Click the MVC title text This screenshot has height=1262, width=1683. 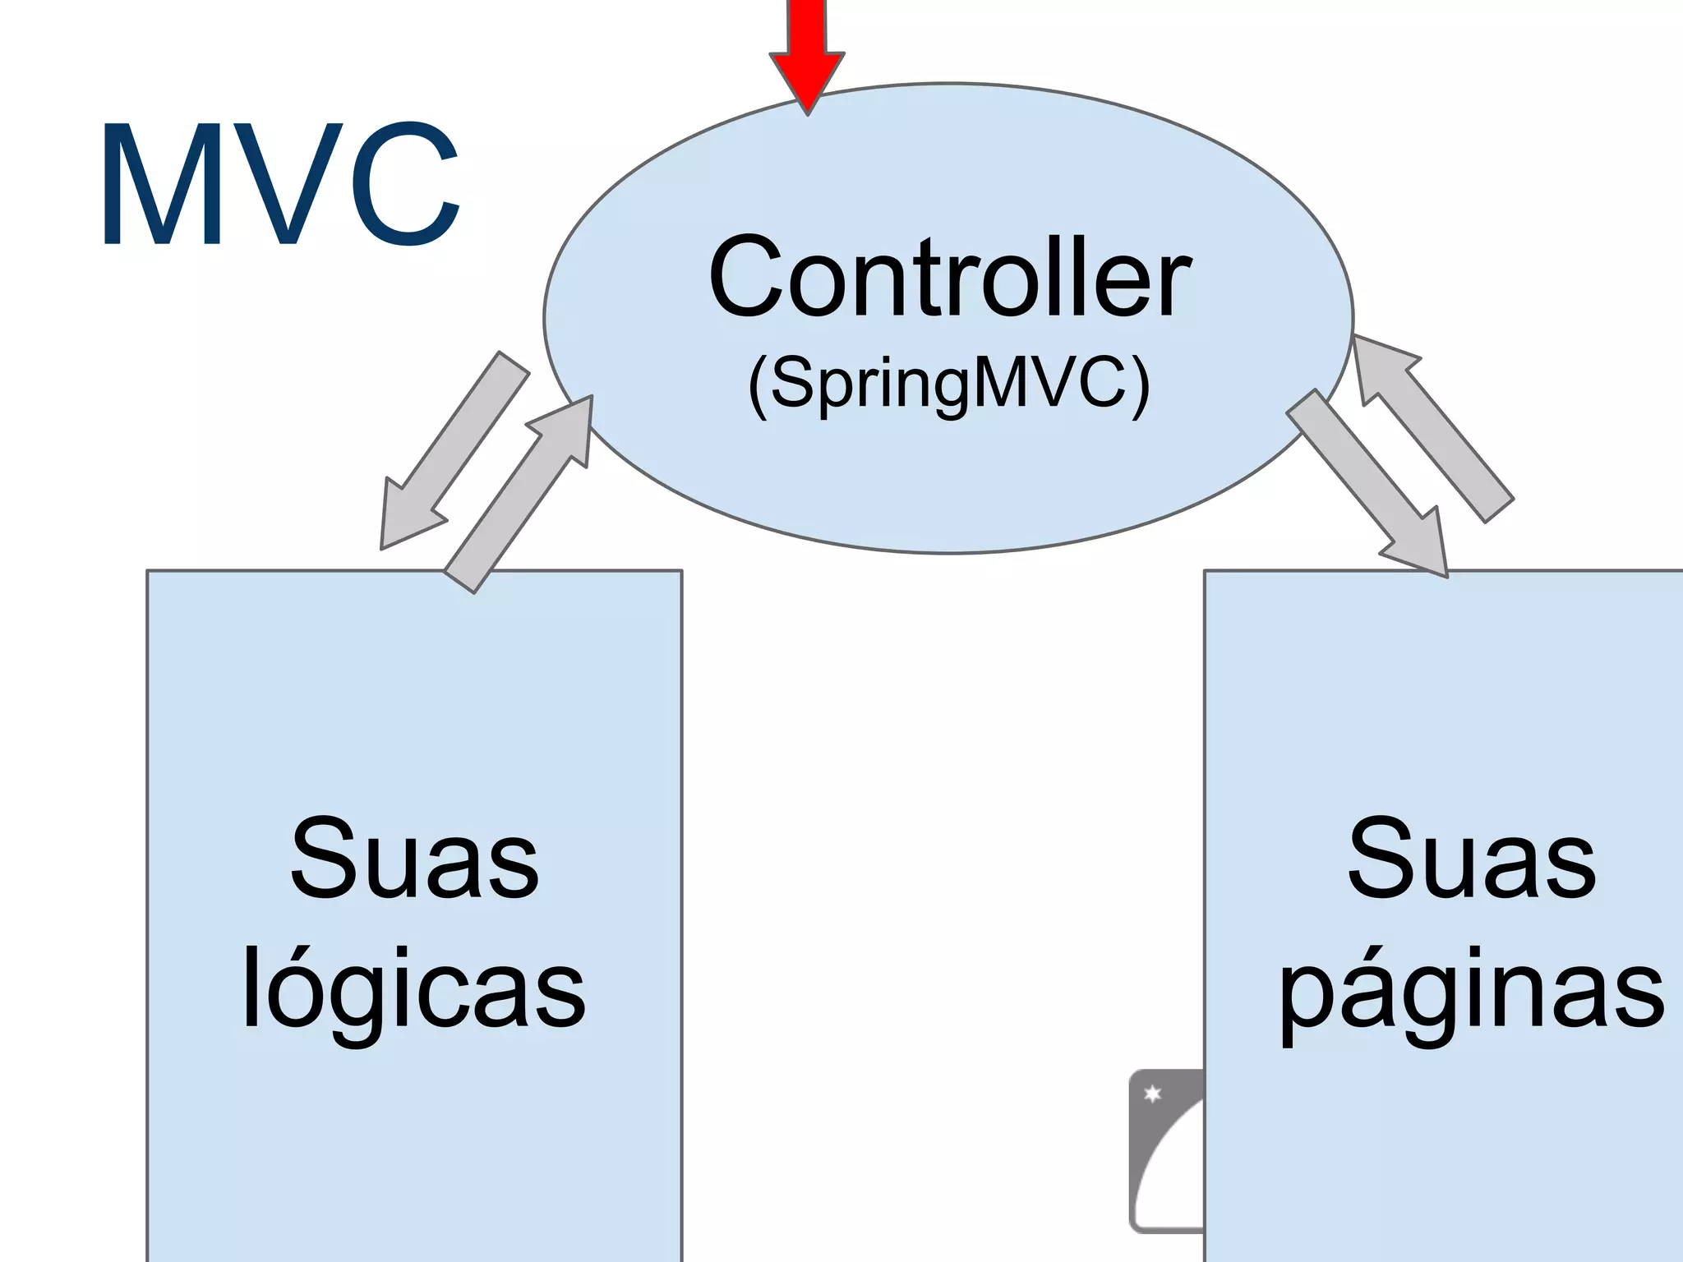click(279, 185)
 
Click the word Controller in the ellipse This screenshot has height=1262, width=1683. click(949, 277)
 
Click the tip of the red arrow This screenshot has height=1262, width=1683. click(808, 111)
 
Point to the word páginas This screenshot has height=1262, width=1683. click(1471, 990)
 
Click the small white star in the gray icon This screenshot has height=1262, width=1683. click(1152, 1094)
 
